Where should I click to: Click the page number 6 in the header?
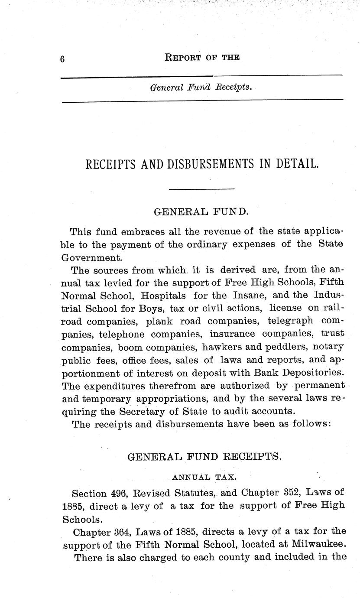point(62,59)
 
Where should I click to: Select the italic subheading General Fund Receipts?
point(200,87)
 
